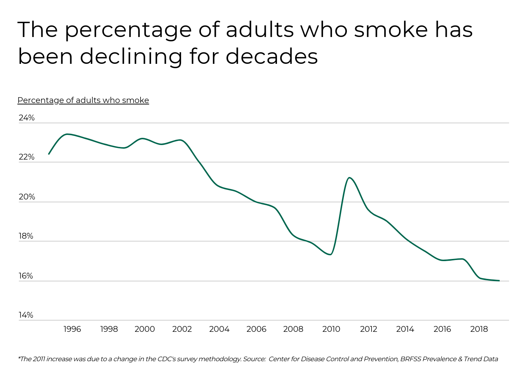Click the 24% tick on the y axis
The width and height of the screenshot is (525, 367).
[26, 118]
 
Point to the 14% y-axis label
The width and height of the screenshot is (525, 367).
[26, 315]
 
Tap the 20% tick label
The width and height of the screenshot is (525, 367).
[26, 197]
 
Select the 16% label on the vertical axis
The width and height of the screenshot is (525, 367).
[26, 276]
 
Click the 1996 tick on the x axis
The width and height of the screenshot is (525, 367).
[72, 329]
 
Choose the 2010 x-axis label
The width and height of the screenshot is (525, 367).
[331, 329]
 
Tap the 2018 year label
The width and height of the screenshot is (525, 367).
[479, 329]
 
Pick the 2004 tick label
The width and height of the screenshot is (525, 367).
[219, 329]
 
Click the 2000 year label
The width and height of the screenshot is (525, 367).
[145, 329]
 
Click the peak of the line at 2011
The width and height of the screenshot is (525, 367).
[349, 177]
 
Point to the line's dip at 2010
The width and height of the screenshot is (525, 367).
[331, 255]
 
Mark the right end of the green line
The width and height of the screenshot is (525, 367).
[499, 281]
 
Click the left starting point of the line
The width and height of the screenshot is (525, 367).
[49, 154]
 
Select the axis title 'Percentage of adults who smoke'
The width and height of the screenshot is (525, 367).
[83, 100]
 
